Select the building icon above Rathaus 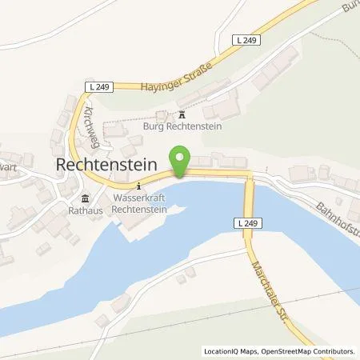[84, 199]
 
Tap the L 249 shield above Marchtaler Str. [249, 222]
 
